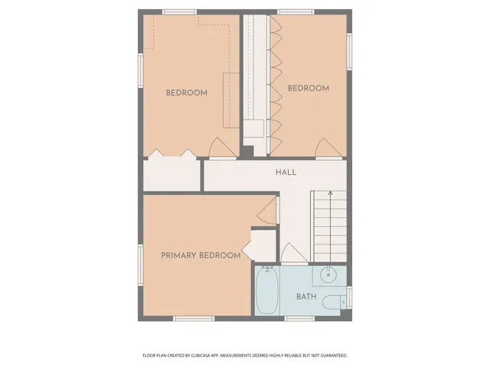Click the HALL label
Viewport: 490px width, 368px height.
[286, 172]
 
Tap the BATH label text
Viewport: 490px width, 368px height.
[306, 296]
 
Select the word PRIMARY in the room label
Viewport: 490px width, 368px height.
[179, 255]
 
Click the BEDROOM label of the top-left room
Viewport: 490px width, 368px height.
[187, 94]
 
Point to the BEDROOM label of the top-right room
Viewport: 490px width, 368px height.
[308, 88]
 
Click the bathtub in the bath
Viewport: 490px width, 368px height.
[266, 291]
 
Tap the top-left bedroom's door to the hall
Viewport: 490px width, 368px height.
[218, 146]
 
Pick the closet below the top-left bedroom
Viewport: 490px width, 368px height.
[171, 174]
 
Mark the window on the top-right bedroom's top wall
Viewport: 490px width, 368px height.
[297, 11]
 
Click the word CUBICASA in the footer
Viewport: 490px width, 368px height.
[201, 356]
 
